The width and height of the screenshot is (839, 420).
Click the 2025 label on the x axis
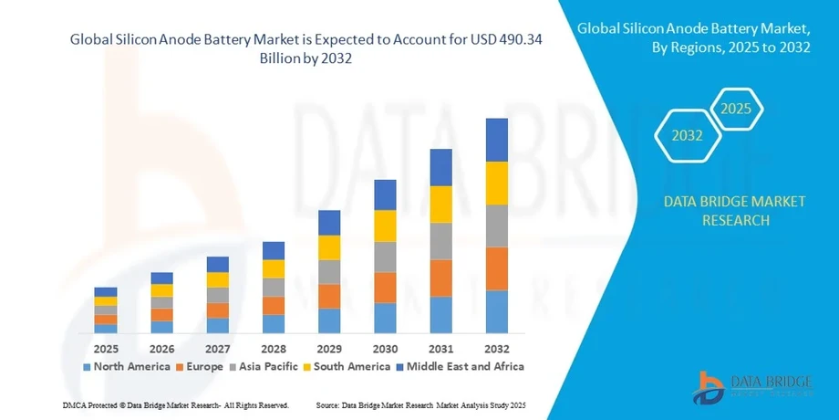coord(106,349)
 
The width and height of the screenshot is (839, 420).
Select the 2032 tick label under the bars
coord(496,349)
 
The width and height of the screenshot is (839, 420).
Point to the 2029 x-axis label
coord(328,349)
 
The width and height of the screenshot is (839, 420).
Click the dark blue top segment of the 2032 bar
coord(496,140)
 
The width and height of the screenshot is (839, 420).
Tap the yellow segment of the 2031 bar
coord(440,205)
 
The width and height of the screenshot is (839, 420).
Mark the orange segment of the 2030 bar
coord(385,288)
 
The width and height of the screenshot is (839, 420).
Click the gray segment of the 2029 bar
coord(328,272)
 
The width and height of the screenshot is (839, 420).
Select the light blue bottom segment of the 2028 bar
coord(274,324)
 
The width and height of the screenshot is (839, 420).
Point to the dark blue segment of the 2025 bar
coord(106,292)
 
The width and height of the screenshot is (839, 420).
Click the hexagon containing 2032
coord(688,136)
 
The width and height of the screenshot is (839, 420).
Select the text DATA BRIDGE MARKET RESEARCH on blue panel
coord(715,211)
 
